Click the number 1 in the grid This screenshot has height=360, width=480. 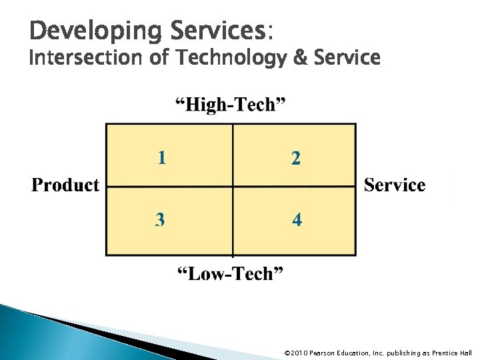point(162,157)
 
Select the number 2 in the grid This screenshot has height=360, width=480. point(295,158)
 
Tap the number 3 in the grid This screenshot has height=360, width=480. point(160,219)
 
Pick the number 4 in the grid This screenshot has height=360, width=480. point(296,219)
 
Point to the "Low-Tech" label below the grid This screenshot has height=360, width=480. point(230,273)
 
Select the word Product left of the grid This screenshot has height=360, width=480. point(65,185)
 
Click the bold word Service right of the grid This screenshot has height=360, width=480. point(395,185)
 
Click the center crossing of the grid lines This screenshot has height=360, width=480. point(233,187)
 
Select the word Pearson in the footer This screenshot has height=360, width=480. point(323,353)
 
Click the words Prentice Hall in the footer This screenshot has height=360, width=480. point(452,353)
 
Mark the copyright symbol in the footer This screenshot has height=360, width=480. point(287,353)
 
